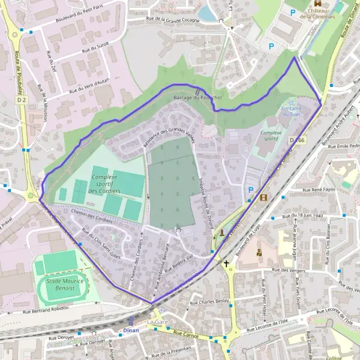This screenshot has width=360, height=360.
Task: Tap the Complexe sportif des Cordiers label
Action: [104, 184]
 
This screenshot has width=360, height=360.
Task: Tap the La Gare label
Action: [157, 323]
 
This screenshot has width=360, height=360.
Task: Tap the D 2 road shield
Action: [22, 100]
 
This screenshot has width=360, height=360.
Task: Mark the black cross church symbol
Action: [227, 263]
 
